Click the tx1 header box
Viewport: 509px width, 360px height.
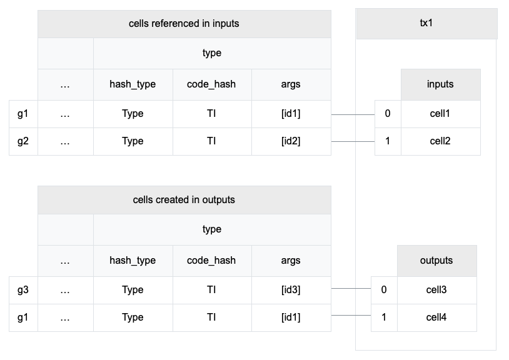click(426, 24)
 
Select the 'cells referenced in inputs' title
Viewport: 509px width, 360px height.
click(184, 24)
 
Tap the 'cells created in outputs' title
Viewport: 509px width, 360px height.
click(184, 200)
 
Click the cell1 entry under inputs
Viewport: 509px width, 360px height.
click(440, 114)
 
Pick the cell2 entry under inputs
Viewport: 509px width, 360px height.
click(440, 141)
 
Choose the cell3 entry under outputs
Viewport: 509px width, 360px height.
click(436, 290)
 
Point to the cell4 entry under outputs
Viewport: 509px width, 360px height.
click(436, 317)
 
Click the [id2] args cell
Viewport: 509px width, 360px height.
click(291, 141)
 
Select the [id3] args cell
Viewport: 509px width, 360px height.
click(291, 290)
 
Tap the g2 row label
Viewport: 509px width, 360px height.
click(23, 141)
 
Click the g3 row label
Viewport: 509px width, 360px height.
click(23, 290)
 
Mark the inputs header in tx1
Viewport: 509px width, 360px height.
click(440, 84)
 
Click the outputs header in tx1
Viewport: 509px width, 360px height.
click(436, 261)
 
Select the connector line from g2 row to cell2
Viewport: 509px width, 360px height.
click(353, 141)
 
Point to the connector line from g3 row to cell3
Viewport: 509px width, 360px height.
click(351, 288)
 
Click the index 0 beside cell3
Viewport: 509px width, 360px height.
click(384, 290)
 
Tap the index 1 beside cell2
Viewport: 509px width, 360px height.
click(388, 141)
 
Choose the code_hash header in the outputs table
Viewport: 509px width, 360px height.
click(211, 261)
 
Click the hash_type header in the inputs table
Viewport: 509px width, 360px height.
click(133, 84)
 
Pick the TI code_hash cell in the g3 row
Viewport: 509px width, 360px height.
click(211, 290)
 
